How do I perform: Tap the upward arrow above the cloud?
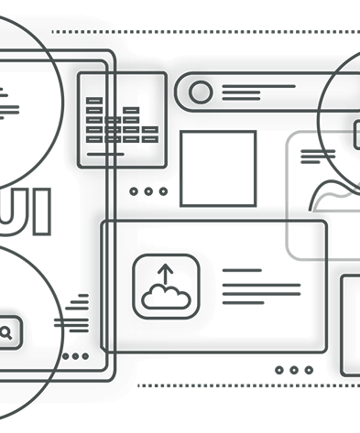[x=166, y=272]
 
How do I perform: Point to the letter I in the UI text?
[x=44, y=203]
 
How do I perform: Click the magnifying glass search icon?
[x=7, y=333]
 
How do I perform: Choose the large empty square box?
[x=218, y=168]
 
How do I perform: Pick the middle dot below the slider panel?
[x=148, y=191]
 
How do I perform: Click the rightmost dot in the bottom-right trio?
[x=309, y=370]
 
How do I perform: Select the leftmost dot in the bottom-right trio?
[x=280, y=370]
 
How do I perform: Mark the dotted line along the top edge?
[x=202, y=31]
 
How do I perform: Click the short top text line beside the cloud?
[x=241, y=271]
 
